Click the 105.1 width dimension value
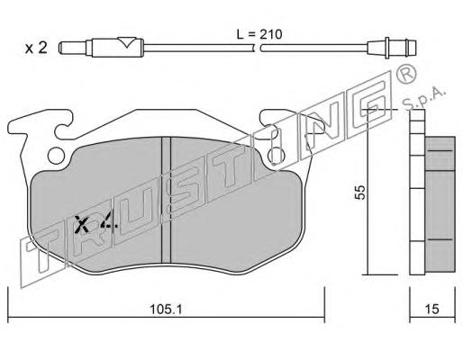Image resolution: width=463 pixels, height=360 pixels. pyautogui.click(x=166, y=309)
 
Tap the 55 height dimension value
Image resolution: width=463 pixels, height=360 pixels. pyautogui.click(x=360, y=192)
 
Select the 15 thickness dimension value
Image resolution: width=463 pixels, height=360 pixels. pyautogui.click(x=432, y=309)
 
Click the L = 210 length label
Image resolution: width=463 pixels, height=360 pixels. pyautogui.click(x=259, y=34)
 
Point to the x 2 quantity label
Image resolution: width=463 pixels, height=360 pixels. pyautogui.click(x=36, y=48)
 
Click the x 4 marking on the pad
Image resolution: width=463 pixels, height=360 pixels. pyautogui.click(x=95, y=224)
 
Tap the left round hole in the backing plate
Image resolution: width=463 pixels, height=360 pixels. pyautogui.click(x=56, y=156)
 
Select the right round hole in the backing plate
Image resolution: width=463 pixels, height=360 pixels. pyautogui.click(x=277, y=156)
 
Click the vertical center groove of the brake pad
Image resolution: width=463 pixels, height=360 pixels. pyautogui.click(x=166, y=200)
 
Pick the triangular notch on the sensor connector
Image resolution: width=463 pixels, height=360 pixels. pyautogui.click(x=126, y=42)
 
